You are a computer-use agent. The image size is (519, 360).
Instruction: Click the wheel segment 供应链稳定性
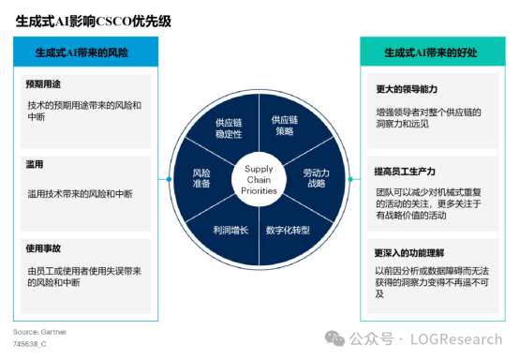tap(229, 128)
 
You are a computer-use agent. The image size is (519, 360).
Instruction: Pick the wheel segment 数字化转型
tap(288, 230)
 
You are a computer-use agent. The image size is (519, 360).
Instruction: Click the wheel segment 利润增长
tap(230, 230)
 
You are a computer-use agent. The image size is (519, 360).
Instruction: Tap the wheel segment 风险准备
tap(201, 179)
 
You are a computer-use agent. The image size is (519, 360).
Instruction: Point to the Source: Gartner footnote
tap(39, 332)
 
